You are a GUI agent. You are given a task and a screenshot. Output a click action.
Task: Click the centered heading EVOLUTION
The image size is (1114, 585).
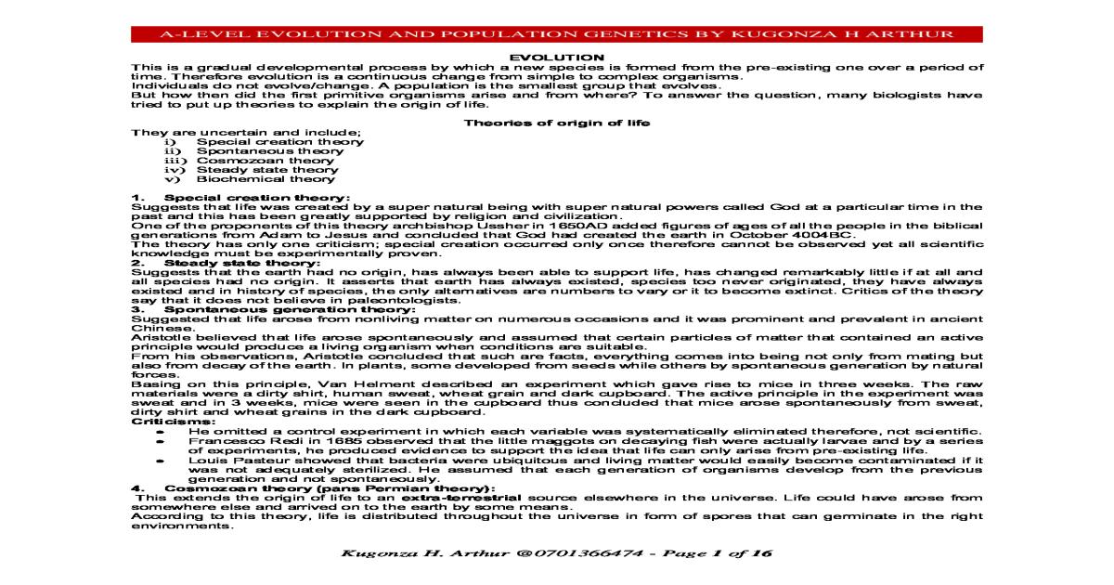[x=557, y=58]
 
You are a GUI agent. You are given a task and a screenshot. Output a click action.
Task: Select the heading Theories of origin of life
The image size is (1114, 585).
[x=556, y=123]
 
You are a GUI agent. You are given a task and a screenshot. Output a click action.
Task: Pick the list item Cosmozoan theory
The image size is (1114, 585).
[x=253, y=161]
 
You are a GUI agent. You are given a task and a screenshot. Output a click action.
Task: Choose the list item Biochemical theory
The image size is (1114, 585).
[x=253, y=179]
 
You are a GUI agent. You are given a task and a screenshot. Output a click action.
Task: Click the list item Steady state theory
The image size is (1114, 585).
[x=254, y=170]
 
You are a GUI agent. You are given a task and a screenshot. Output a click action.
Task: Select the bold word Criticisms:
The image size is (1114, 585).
[x=161, y=422]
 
